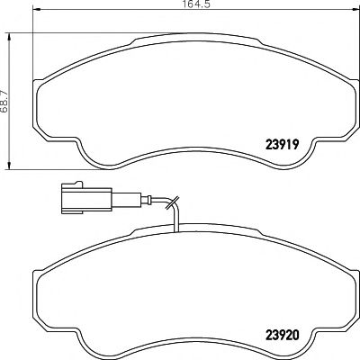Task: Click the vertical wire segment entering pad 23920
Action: coord(177,217)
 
